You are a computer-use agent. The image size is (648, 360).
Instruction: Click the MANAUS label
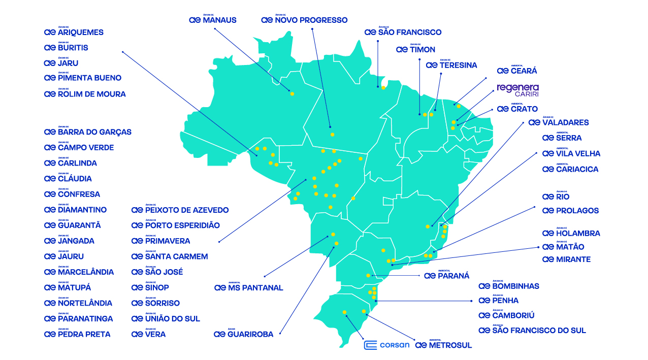coord(212,20)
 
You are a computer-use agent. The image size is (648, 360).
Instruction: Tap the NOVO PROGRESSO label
coord(304,20)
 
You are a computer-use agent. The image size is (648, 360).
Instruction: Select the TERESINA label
coord(451,65)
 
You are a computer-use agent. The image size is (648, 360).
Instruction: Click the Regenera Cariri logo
coord(517,90)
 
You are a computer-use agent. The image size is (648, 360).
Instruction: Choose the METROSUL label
coord(443,345)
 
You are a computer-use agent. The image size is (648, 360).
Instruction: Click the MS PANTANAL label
coord(248,288)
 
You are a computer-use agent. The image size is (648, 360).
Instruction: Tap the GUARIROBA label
coord(243,334)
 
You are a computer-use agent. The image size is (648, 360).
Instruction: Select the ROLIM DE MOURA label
coord(85,94)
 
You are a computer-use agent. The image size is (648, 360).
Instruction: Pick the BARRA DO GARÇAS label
coord(88,132)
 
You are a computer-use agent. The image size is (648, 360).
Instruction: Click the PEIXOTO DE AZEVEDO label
coord(180,210)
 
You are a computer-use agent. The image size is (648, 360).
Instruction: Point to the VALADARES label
coord(559,122)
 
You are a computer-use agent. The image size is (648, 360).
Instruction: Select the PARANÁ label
coord(447,276)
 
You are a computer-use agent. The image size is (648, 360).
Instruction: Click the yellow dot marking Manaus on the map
coord(292,93)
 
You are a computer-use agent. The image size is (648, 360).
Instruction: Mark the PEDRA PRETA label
coord(77,334)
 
